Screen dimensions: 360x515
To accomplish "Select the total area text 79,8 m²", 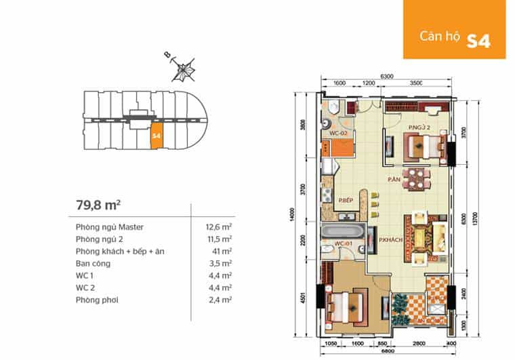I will coord(100,204).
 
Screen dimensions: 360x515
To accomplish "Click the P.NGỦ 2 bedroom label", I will coord(419,127).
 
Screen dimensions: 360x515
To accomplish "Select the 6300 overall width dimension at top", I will coord(388,77).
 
